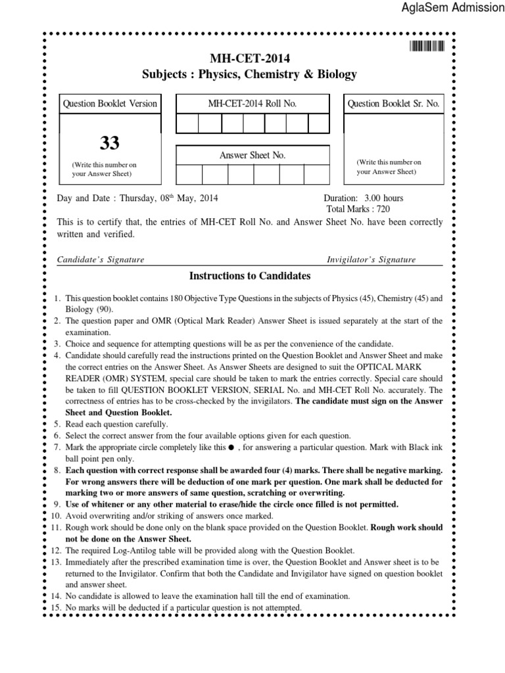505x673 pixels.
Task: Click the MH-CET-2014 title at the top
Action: [x=249, y=57]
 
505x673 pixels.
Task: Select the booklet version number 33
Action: [x=110, y=143]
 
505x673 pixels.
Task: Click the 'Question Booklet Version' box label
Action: [x=110, y=104]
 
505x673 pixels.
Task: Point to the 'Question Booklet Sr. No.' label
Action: [x=393, y=104]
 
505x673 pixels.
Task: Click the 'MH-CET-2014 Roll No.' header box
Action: [x=252, y=104]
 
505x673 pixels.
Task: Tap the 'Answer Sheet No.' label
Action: [x=252, y=155]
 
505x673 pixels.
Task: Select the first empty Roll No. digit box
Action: [x=187, y=124]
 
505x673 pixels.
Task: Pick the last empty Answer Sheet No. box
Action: [x=317, y=174]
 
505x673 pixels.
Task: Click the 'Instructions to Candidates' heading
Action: [x=249, y=276]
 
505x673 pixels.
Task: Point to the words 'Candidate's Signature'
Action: [x=101, y=260]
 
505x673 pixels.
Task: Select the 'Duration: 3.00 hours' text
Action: [x=364, y=198]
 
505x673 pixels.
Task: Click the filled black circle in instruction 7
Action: [x=231, y=448]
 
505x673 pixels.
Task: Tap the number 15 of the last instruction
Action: [x=56, y=608]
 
